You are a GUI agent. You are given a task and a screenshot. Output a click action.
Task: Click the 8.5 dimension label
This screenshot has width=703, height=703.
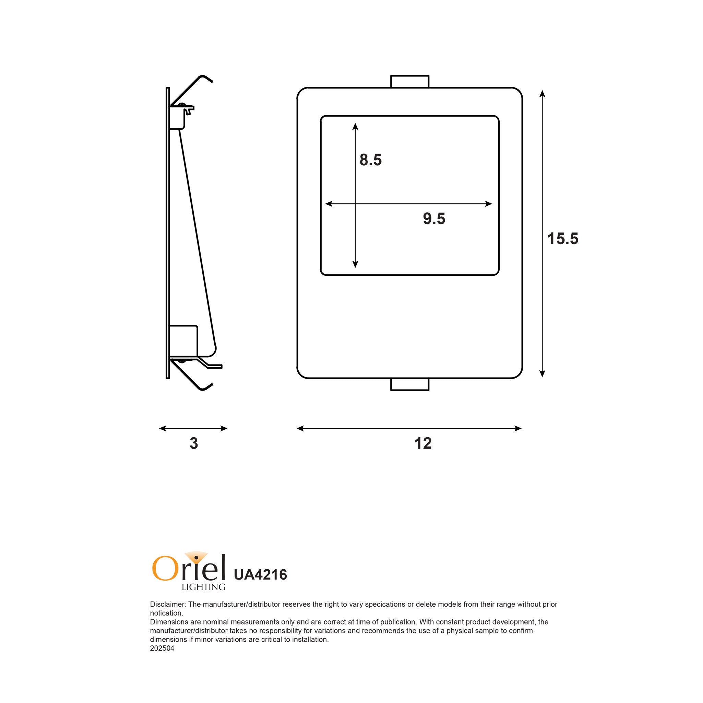coord(370,160)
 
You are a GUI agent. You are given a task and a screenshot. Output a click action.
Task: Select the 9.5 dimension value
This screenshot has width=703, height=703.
coord(434,219)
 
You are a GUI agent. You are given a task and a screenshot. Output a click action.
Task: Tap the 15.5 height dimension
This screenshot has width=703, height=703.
coord(562,239)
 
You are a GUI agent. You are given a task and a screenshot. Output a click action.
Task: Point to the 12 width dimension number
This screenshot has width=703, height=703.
coord(423,443)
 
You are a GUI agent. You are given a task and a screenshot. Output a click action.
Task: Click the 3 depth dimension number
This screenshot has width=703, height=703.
coord(193,443)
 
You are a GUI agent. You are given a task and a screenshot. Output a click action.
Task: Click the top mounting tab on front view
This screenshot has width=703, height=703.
coord(410,82)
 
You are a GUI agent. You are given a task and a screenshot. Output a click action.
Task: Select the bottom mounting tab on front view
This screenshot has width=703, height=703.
coord(410,384)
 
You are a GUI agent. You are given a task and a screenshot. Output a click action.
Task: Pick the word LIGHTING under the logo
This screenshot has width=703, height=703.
coord(203,587)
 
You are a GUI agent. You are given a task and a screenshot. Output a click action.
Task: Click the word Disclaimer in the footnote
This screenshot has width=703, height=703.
coord(167,604)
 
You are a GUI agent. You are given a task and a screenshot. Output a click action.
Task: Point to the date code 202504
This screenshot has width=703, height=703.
coord(162,648)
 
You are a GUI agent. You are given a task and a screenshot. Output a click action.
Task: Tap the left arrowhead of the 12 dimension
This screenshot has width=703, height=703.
coord(300,428)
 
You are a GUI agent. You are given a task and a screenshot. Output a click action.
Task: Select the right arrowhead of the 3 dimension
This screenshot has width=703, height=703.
coord(224,428)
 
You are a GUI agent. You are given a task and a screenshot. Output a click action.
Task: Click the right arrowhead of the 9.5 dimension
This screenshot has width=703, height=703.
coord(489,204)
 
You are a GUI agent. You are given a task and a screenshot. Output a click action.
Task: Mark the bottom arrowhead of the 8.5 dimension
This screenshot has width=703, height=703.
coord(356,264)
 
